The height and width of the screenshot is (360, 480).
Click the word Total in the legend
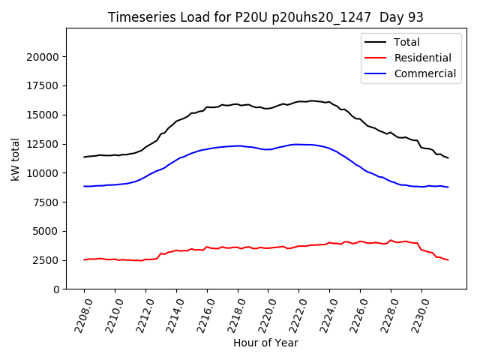(406, 42)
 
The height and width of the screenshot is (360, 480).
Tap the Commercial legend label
(424, 73)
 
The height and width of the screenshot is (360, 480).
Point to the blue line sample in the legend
(376, 73)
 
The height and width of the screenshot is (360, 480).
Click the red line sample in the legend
(376, 58)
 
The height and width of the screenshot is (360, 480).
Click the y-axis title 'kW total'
(15, 158)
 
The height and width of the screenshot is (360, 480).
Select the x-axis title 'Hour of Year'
(265, 343)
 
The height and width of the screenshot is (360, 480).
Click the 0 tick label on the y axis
(56, 289)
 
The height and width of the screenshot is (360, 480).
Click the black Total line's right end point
(448, 157)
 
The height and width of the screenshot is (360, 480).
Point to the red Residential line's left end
(84, 259)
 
